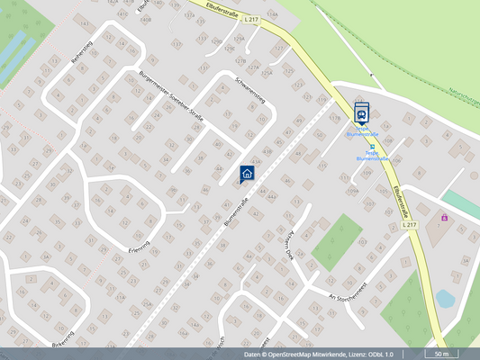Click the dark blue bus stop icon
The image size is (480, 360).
[x=361, y=112]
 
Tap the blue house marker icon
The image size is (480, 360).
[x=248, y=173]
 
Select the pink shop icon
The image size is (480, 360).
[x=444, y=217]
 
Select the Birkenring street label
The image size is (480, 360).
[x=62, y=345]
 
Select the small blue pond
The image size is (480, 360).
[x=445, y=298]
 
